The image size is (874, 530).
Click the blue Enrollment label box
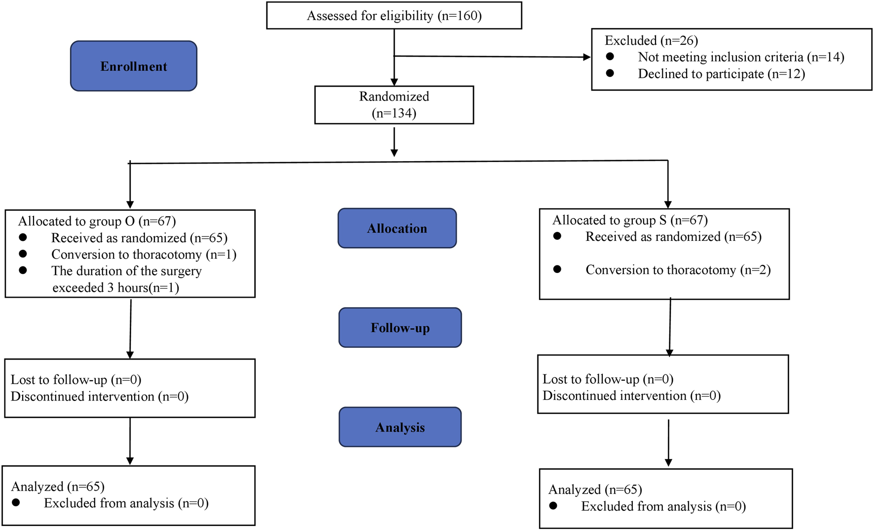[134, 66]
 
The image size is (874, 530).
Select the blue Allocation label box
[397, 228]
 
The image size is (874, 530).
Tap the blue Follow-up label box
[400, 328]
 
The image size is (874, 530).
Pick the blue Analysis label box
[400, 427]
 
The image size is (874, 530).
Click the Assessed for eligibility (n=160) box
[394, 16]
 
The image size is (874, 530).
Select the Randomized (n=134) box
[394, 105]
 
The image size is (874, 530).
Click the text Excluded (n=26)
[651, 40]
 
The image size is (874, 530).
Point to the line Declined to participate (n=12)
[721, 74]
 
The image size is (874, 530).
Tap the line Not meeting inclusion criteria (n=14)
[741, 57]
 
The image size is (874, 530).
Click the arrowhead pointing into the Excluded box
[586, 57]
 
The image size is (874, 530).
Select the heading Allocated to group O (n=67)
[97, 221]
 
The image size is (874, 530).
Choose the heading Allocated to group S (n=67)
[630, 220]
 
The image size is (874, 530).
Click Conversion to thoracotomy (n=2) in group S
[678, 270]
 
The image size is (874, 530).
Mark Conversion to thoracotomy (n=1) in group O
[144, 254]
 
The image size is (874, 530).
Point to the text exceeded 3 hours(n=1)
[115, 288]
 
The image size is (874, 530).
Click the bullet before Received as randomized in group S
[557, 236]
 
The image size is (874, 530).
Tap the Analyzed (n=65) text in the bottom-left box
[58, 487]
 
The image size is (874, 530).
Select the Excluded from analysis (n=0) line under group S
[663, 506]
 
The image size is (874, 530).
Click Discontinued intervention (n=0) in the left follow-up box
[100, 397]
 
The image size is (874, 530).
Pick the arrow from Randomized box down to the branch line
[394, 142]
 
